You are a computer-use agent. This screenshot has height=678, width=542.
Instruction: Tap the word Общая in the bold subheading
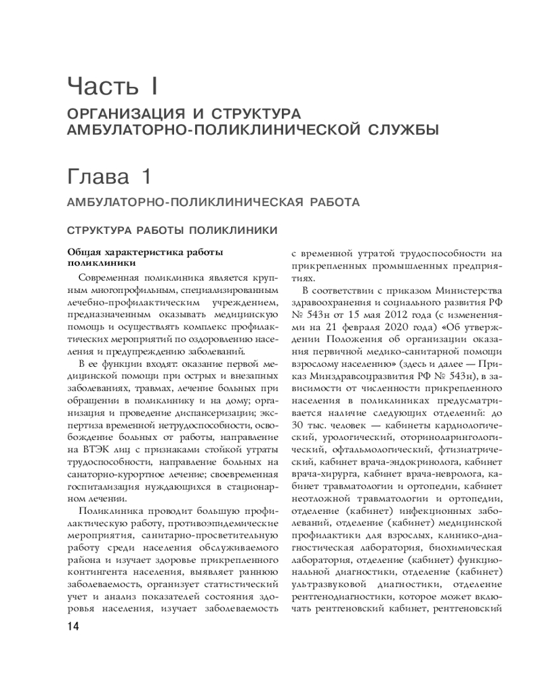82,252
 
